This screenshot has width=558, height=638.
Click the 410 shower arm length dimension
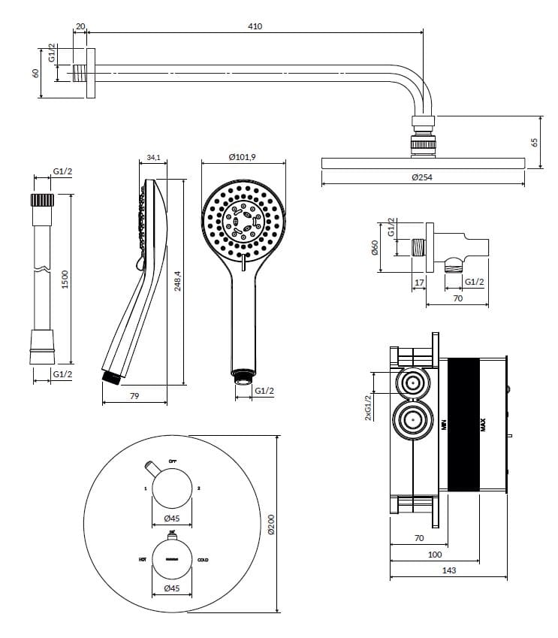(x=255, y=26)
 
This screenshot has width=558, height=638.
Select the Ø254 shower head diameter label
(x=423, y=177)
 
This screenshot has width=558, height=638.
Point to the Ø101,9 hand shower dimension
(x=243, y=156)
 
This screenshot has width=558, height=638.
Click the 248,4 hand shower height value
(x=178, y=281)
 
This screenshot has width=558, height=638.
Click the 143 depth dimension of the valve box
(x=448, y=570)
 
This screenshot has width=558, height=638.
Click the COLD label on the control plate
(x=203, y=560)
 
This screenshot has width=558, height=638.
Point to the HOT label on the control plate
(x=142, y=560)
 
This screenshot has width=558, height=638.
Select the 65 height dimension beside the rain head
(x=535, y=142)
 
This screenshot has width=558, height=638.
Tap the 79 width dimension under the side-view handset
(x=134, y=395)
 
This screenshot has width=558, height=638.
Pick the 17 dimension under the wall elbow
(x=418, y=283)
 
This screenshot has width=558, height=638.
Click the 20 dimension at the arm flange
(x=80, y=26)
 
